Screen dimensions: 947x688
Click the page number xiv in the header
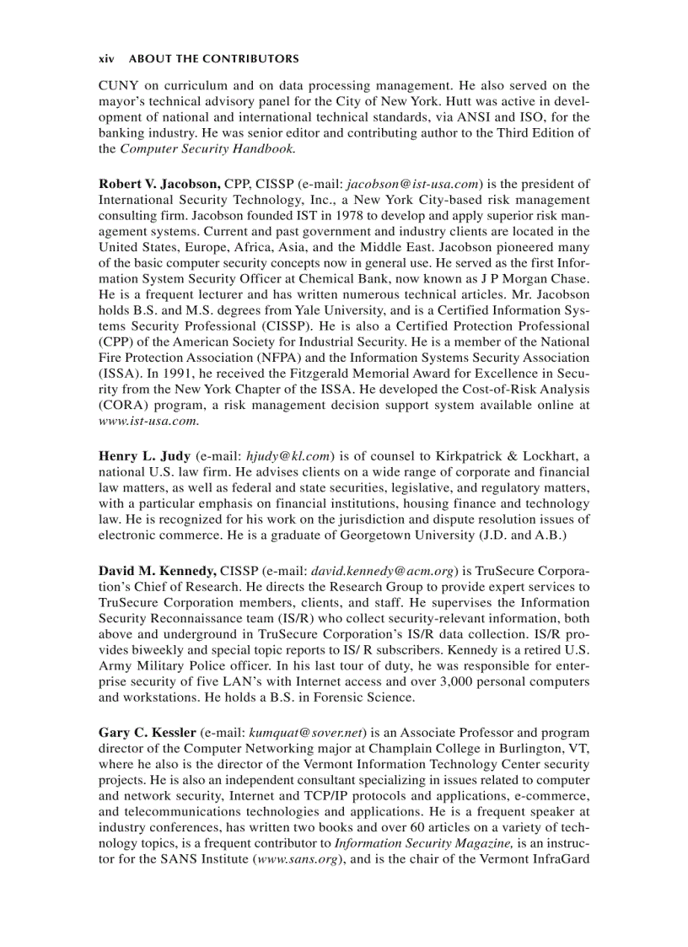pos(106,59)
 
